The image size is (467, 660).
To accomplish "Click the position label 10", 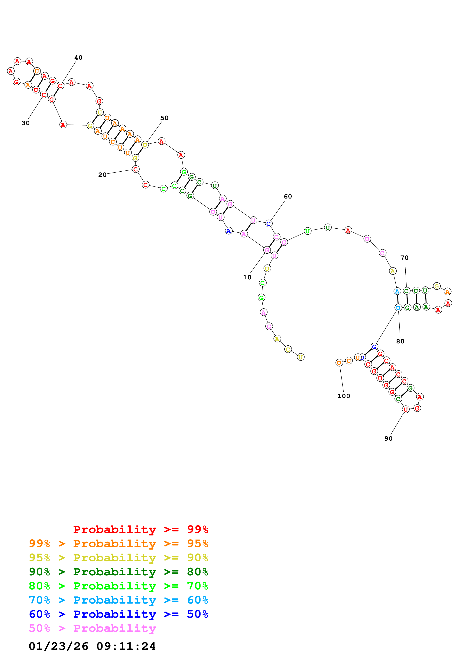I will point(247,277).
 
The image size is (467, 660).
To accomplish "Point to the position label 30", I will point(26,123).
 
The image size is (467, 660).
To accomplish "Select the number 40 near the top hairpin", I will point(78,58).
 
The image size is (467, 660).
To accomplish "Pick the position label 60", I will point(288,196).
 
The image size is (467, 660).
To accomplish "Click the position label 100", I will point(344,396).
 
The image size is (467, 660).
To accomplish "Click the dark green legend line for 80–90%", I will point(118,572).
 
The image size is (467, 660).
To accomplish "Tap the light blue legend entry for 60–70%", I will point(118,600).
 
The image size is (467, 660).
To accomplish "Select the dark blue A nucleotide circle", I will point(229,231).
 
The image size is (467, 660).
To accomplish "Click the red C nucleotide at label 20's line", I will point(135,169).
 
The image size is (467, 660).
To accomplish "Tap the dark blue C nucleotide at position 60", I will point(268,224).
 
